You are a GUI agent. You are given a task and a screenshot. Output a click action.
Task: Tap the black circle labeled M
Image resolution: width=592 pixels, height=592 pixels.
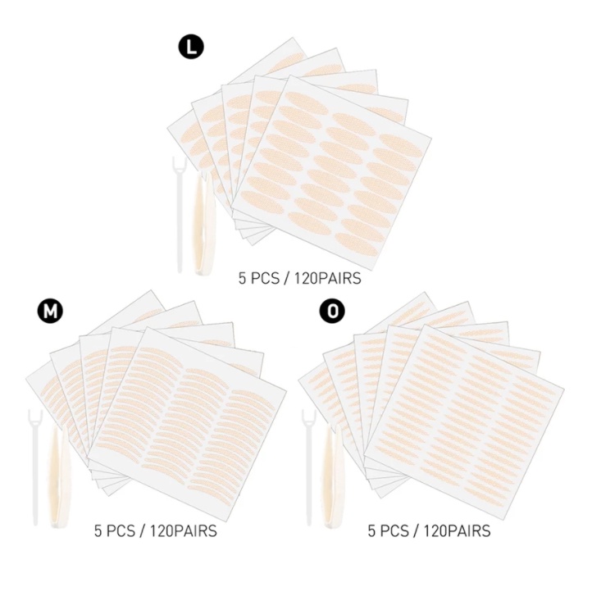click(49, 311)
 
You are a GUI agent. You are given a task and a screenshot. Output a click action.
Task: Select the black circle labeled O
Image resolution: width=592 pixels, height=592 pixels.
click(330, 311)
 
